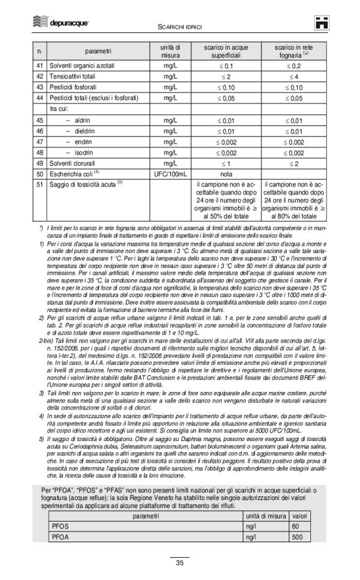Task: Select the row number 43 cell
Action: coord(39,87)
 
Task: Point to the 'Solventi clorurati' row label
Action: coord(74,163)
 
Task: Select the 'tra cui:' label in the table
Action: coord(60,109)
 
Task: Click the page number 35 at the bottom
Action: coord(179,563)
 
